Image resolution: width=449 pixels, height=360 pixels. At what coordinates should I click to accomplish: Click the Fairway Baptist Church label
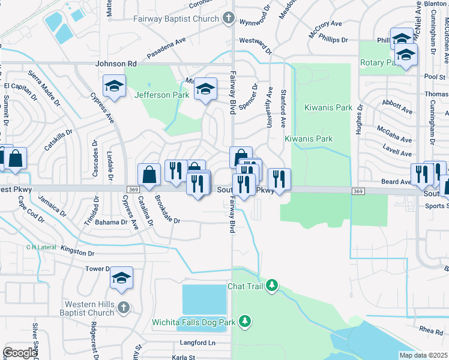176,19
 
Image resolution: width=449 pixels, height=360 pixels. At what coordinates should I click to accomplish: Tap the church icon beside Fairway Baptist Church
228,19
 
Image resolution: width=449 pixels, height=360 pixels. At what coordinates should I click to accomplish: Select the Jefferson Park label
161,95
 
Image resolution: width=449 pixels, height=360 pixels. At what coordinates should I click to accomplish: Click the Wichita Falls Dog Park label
193,322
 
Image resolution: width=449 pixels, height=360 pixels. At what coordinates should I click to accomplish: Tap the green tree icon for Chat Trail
272,284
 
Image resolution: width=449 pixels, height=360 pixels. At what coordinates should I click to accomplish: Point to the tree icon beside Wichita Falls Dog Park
244,322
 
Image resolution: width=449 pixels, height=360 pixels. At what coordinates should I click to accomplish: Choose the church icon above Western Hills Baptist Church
123,307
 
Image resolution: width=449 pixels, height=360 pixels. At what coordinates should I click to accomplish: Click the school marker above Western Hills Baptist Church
121,277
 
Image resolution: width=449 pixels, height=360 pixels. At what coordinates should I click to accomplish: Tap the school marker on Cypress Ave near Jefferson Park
113,86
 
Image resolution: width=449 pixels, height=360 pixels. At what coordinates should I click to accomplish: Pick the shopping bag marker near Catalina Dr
149,174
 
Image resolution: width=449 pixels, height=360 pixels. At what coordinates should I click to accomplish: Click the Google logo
20,353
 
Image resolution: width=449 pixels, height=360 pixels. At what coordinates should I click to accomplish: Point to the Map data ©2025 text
423,355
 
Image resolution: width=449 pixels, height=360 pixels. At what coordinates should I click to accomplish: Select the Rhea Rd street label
431,331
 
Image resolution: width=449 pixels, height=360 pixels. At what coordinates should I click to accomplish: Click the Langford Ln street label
197,343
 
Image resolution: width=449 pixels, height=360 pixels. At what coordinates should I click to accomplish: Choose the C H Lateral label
41,247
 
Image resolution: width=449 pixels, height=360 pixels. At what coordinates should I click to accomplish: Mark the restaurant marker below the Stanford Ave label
279,178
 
